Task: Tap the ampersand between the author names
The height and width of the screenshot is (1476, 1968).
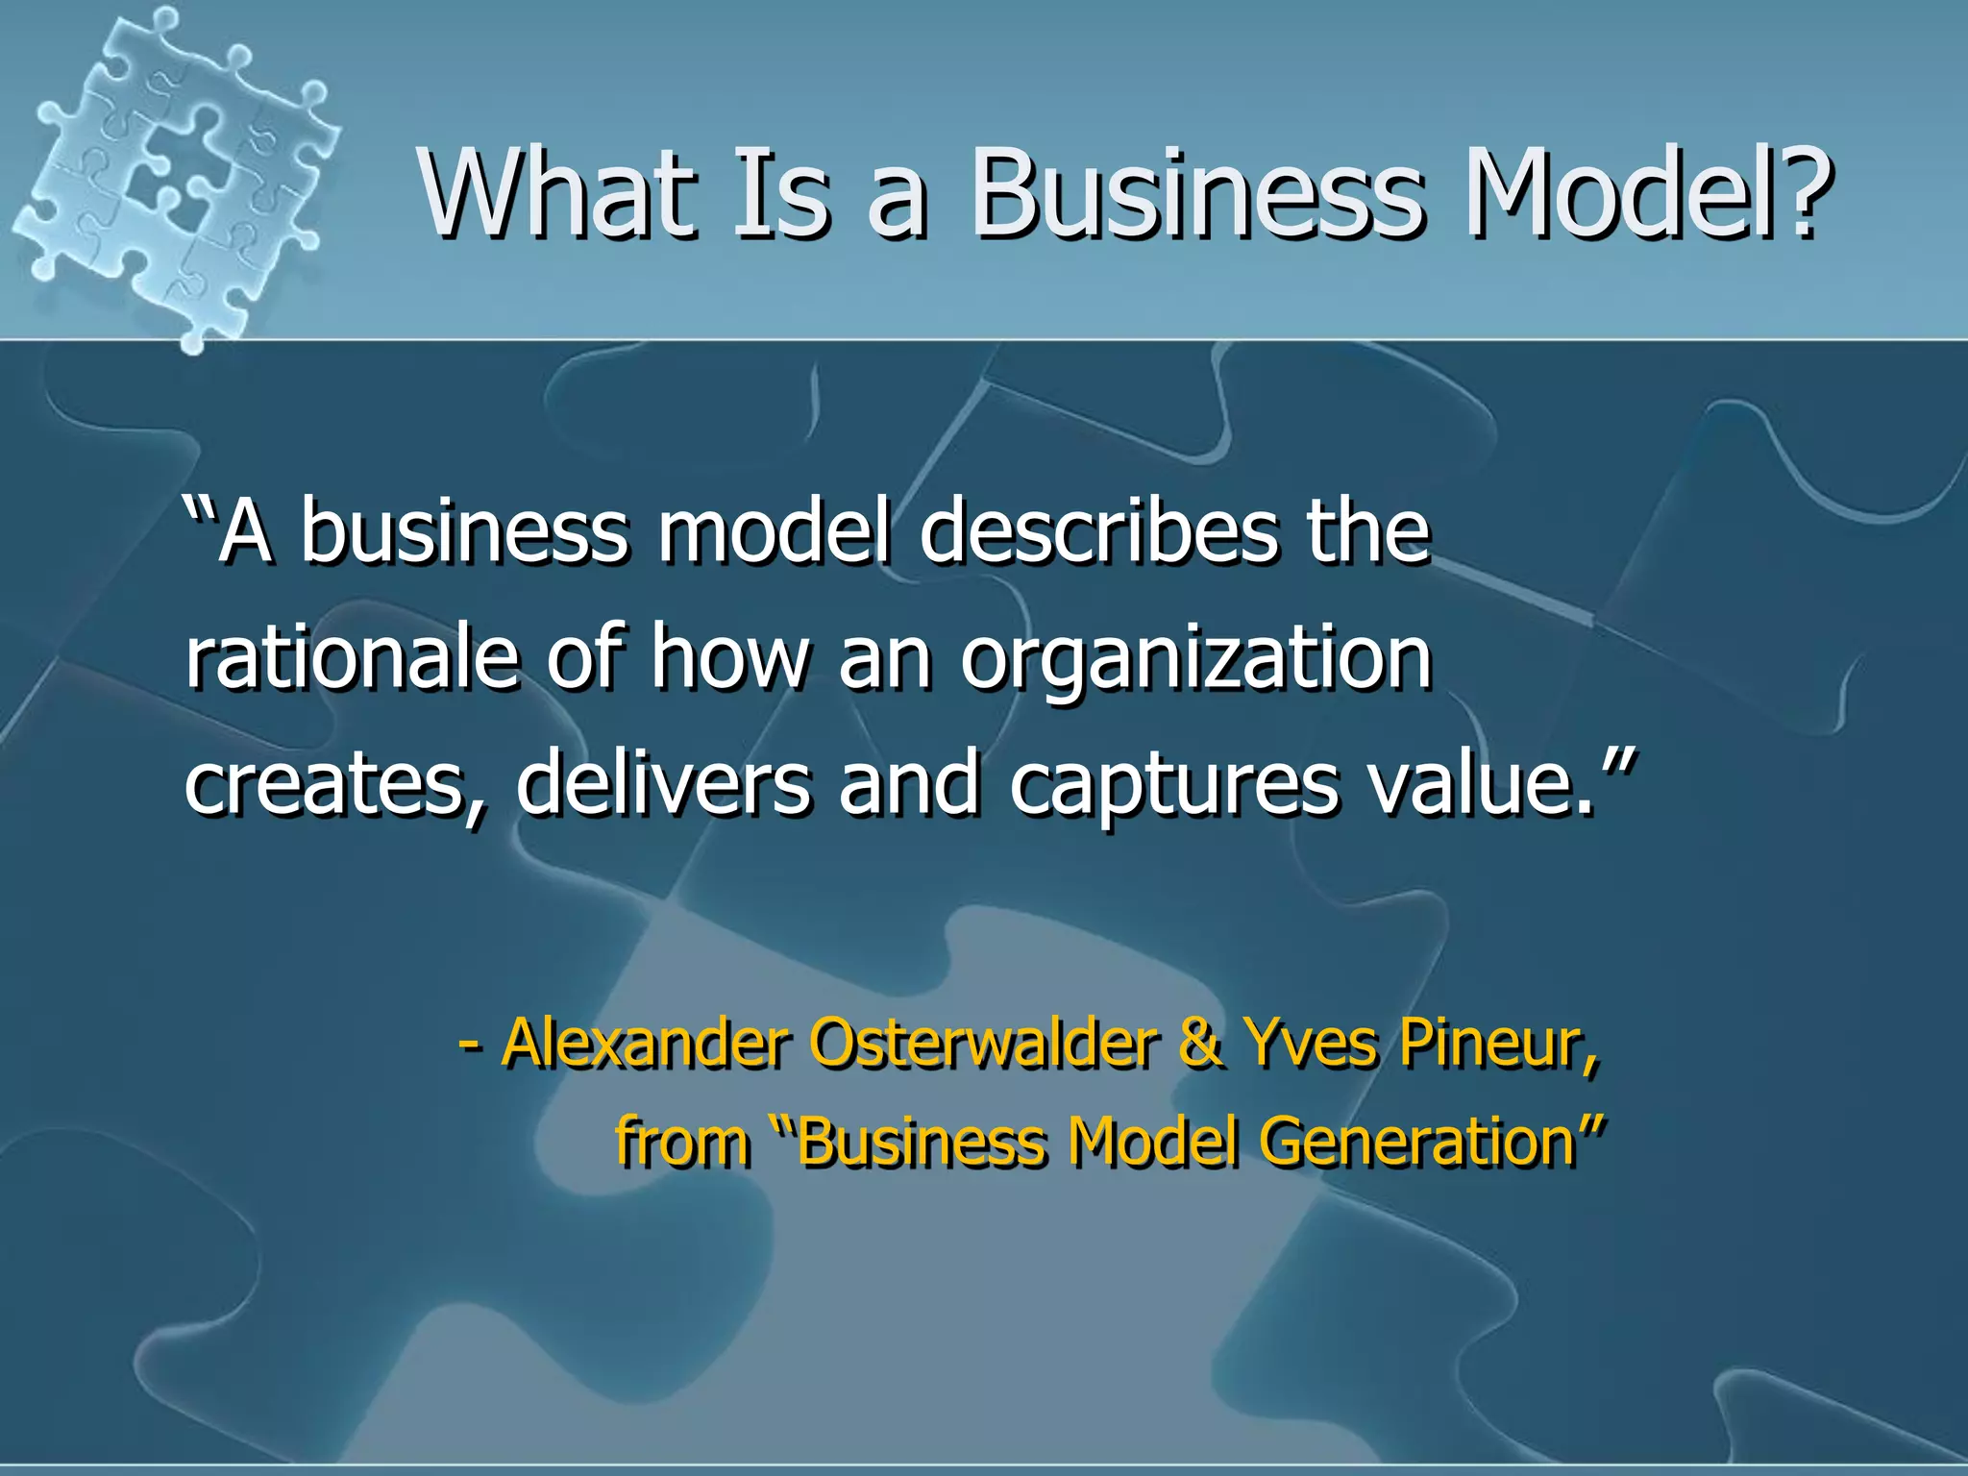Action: (1201, 1042)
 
